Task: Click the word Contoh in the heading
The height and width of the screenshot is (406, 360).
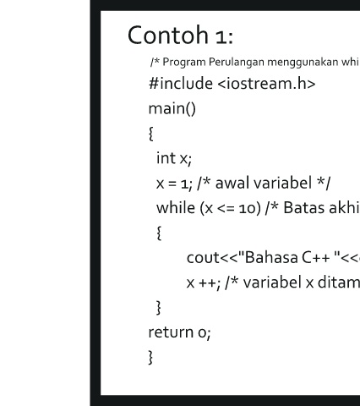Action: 168,35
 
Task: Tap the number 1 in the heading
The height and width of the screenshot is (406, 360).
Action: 221,37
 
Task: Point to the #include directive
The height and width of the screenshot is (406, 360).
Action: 181,84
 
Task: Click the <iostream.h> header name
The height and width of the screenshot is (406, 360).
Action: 266,84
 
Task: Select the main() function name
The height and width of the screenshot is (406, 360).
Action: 172,108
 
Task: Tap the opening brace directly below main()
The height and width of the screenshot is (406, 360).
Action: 151,134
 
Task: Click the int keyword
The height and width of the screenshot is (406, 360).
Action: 166,158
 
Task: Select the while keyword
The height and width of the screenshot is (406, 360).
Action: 176,208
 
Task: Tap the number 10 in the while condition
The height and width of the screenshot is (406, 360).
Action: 247,209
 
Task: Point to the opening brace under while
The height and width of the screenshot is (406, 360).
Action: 159,233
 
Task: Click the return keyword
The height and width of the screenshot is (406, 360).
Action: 171,332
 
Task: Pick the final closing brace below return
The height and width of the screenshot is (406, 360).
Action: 150,358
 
